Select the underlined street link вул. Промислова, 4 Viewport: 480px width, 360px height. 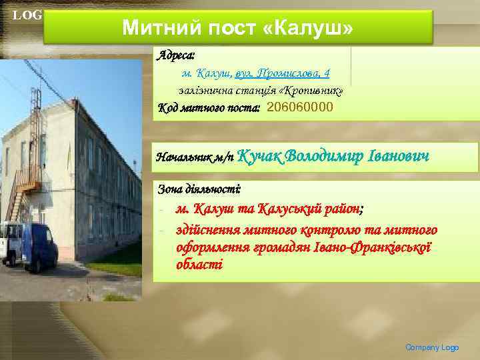[x=283, y=73]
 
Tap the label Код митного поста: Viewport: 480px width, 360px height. [x=209, y=107]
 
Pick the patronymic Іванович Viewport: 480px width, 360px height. [x=398, y=156]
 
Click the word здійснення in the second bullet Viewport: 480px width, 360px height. [x=210, y=230]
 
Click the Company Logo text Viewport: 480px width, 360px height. [x=432, y=347]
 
